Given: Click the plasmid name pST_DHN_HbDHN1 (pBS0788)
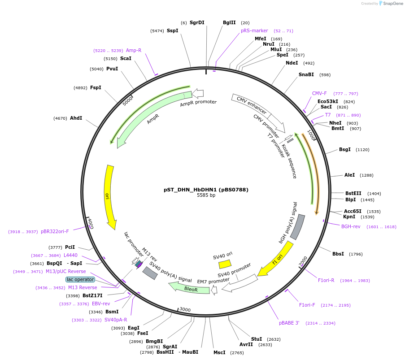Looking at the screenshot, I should [206, 190].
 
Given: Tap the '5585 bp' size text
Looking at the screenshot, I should [206, 195].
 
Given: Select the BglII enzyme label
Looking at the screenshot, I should [229, 22].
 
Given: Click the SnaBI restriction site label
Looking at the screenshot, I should [306, 74].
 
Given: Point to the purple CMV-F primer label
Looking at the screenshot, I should [319, 93].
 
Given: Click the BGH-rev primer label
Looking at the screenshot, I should [351, 226].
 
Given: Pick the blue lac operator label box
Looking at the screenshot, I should [80, 279].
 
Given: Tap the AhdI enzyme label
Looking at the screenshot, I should [76, 118].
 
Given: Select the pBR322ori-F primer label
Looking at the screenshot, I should [55, 231].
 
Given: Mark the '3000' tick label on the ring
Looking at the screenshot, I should [185, 310].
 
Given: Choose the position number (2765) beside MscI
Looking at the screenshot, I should [236, 353].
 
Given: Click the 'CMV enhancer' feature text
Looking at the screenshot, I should [252, 105].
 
